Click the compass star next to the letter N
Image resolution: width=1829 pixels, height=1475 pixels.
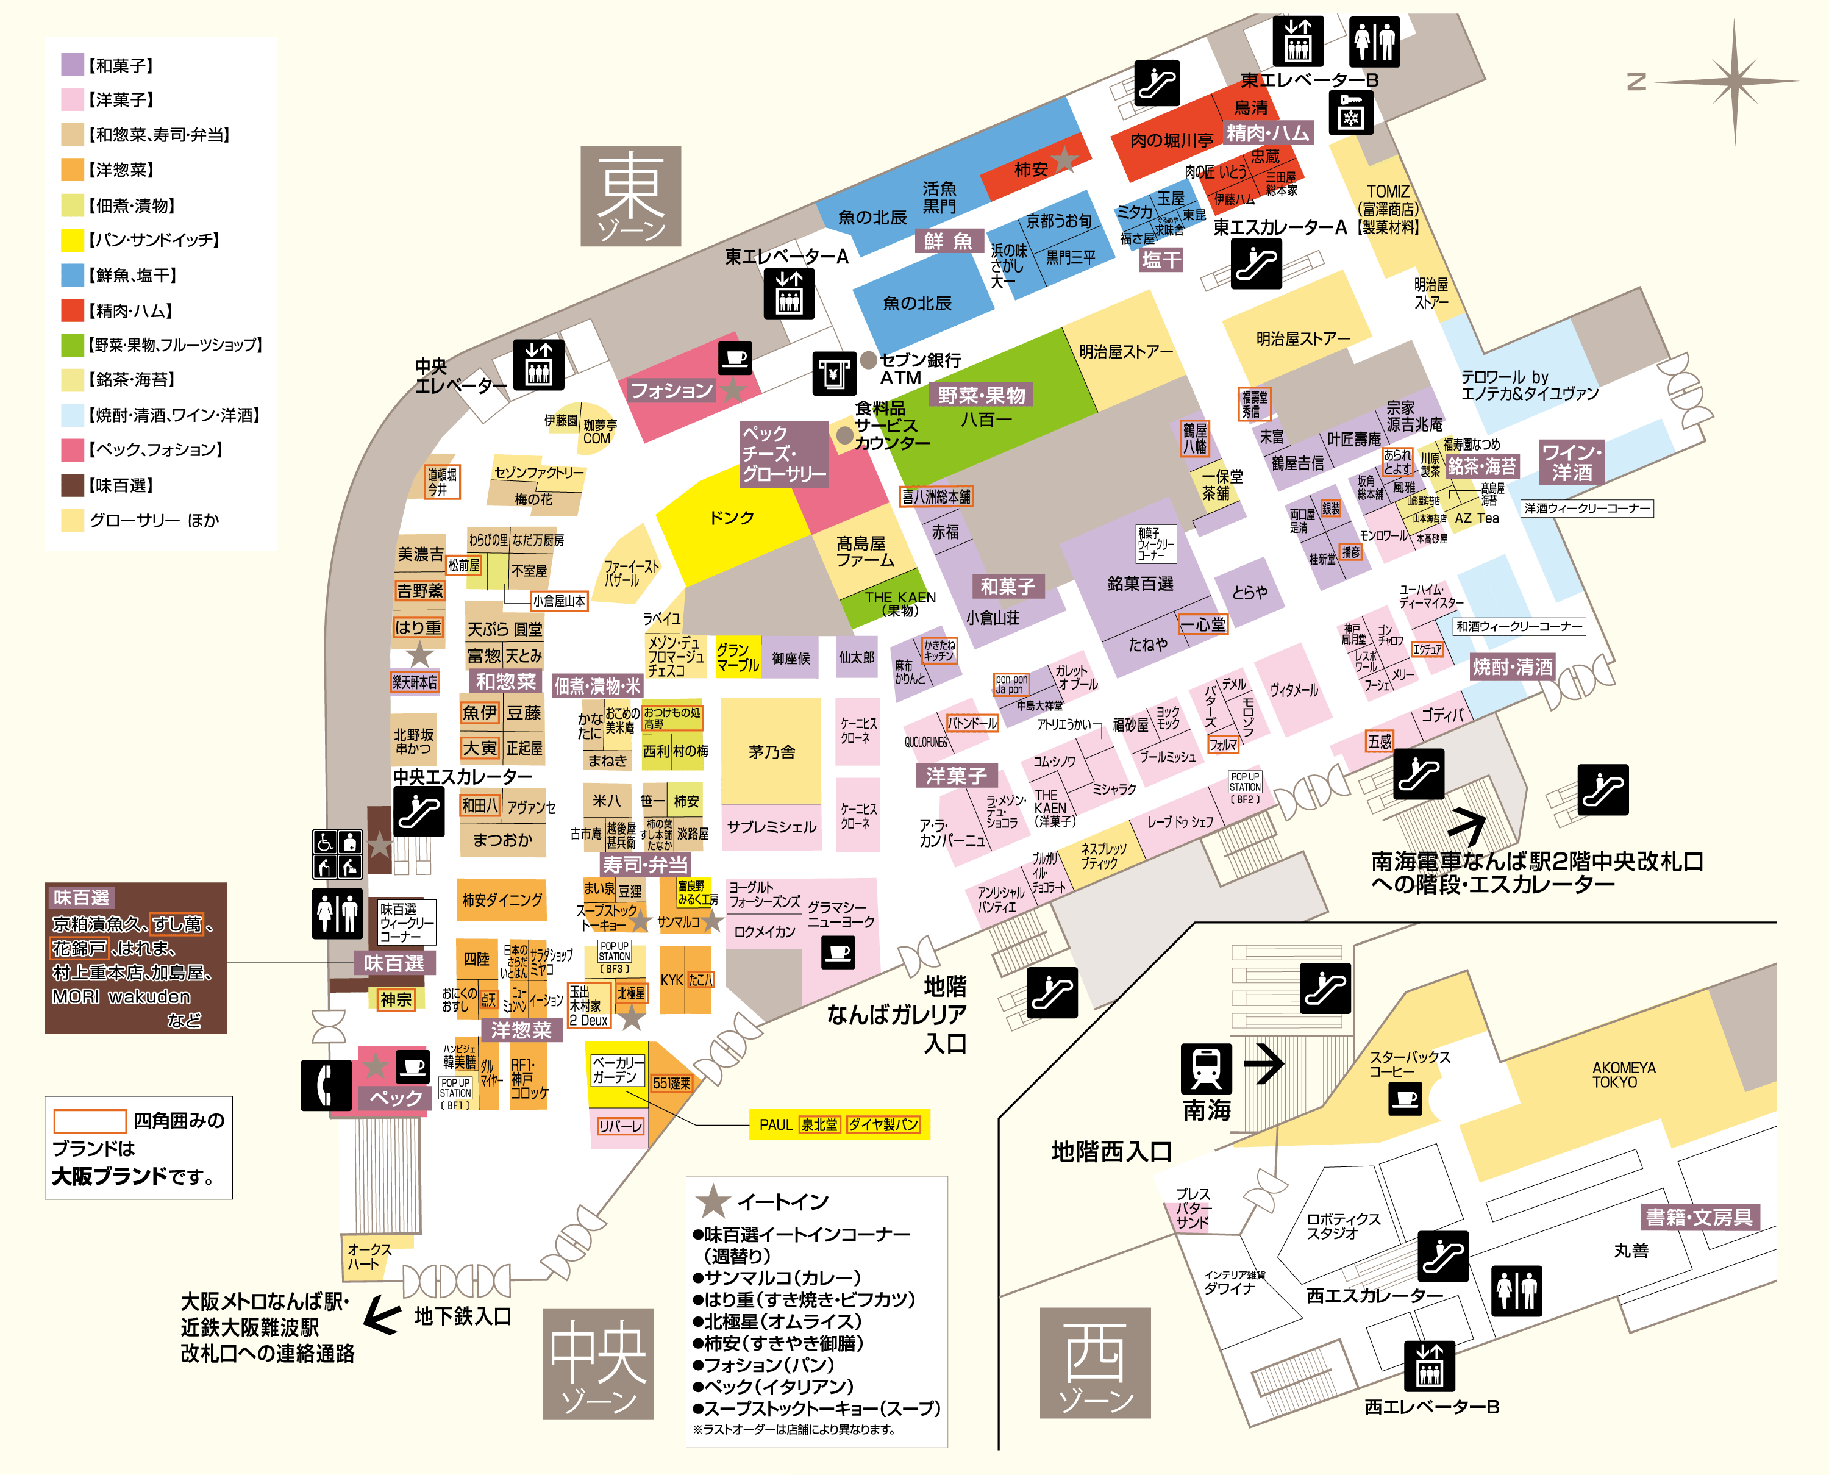1734,82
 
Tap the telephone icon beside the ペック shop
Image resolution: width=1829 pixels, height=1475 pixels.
326,1084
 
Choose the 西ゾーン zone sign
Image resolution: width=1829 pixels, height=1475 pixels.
1095,1362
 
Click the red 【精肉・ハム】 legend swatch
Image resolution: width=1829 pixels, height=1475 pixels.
72,311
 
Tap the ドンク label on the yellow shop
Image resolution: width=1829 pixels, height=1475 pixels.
732,518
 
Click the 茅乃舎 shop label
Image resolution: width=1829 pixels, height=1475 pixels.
771,752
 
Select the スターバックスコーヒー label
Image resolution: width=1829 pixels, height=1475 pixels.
1410,1064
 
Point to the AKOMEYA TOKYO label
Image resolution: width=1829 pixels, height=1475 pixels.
1624,1075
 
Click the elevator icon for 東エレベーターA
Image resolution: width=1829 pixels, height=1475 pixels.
788,293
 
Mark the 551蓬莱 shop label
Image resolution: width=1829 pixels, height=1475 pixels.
671,1084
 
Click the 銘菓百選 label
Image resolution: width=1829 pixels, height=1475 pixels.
1140,584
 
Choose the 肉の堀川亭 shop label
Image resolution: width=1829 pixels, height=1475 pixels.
1171,140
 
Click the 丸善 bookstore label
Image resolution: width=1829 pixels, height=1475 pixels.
1630,1251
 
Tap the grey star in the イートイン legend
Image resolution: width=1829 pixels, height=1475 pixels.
713,1201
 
